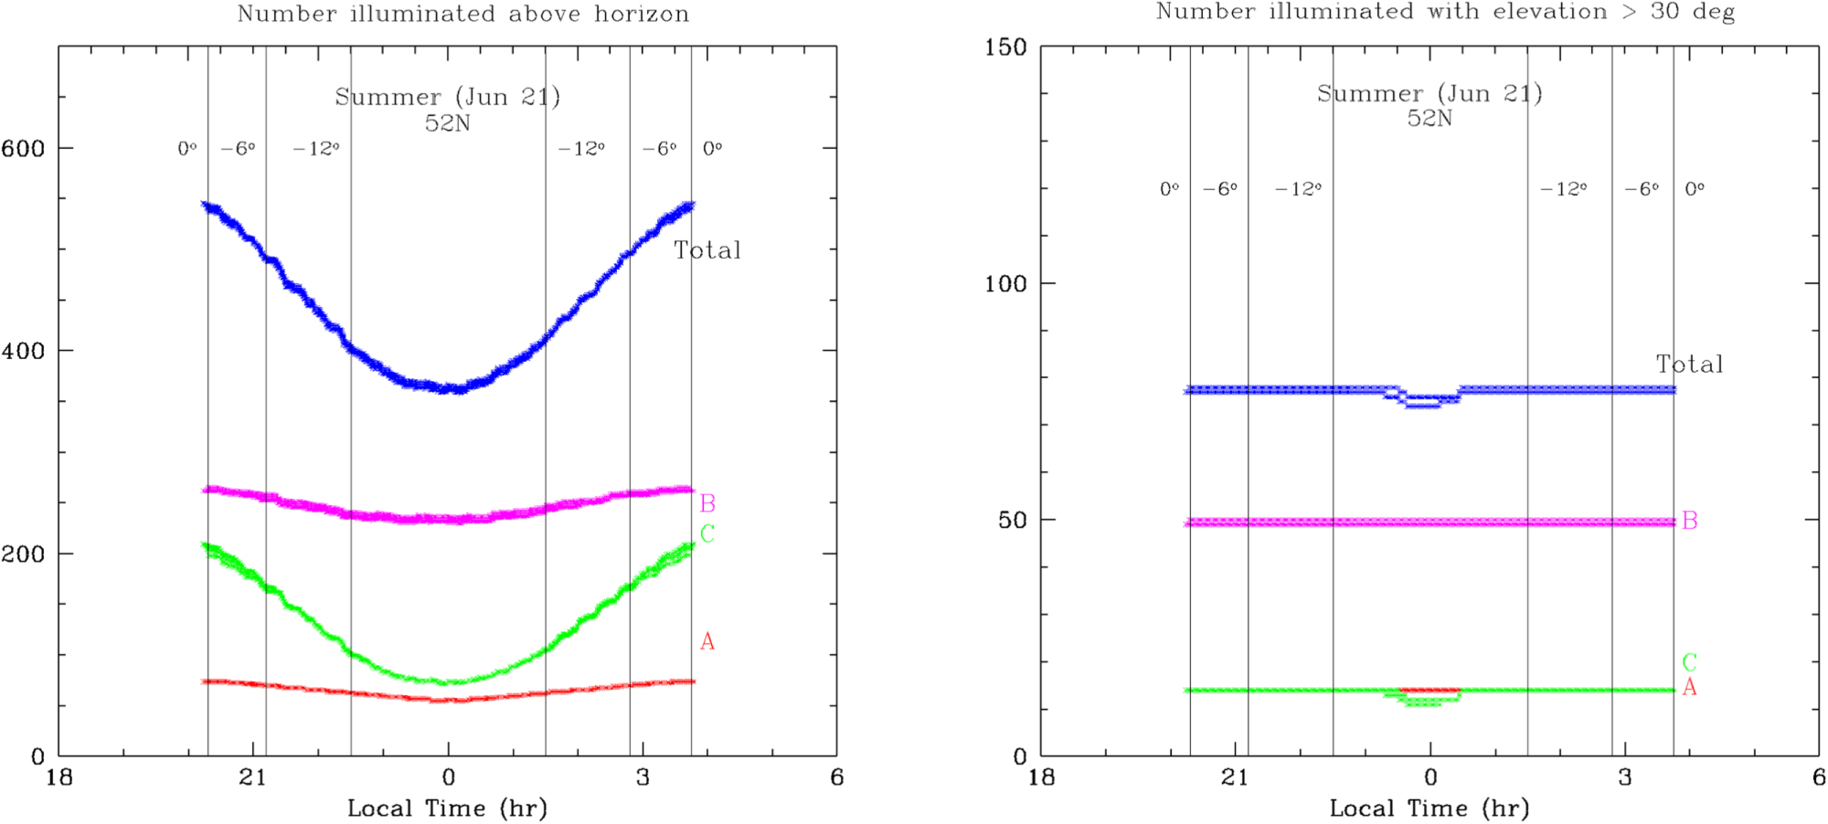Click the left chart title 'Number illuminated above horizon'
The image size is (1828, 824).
pyautogui.click(x=462, y=15)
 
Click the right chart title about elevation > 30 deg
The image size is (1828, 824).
pyautogui.click(x=1445, y=12)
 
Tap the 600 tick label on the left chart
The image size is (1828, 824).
pyautogui.click(x=24, y=149)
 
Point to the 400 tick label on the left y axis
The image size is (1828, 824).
pyautogui.click(x=24, y=351)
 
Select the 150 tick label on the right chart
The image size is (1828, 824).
pyautogui.click(x=1005, y=48)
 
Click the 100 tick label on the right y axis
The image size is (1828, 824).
pyautogui.click(x=1005, y=284)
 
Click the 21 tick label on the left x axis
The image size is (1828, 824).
pyautogui.click(x=252, y=777)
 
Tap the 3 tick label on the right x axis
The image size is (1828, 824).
pyautogui.click(x=1624, y=777)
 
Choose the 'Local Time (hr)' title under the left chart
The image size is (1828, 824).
pyautogui.click(x=447, y=808)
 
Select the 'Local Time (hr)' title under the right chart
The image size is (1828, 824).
pyautogui.click(x=1429, y=808)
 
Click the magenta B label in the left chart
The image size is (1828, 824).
pyautogui.click(x=707, y=503)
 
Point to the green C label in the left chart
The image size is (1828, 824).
pyautogui.click(x=707, y=533)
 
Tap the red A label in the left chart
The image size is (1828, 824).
pyautogui.click(x=707, y=642)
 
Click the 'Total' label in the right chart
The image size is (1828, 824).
pyautogui.click(x=1689, y=364)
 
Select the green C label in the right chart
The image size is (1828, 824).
pyautogui.click(x=1689, y=662)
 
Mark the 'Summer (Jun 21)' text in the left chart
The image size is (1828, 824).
pyautogui.click(x=447, y=97)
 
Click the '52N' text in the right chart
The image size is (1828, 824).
pyautogui.click(x=1429, y=119)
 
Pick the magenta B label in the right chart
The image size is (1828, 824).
pyautogui.click(x=1689, y=521)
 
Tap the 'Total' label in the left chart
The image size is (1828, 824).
pyautogui.click(x=707, y=250)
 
